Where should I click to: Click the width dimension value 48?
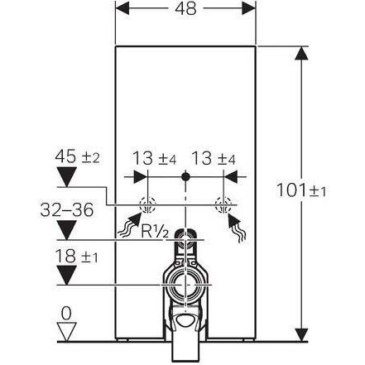185,8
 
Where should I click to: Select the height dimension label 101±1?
301,190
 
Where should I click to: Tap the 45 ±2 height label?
77,156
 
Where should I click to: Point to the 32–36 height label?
67,209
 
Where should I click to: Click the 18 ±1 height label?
77,256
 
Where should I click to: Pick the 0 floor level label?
66,313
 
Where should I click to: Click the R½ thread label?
155,231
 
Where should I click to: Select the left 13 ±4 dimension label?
154,158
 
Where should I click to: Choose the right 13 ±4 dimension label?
214,158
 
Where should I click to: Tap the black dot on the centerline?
185,176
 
